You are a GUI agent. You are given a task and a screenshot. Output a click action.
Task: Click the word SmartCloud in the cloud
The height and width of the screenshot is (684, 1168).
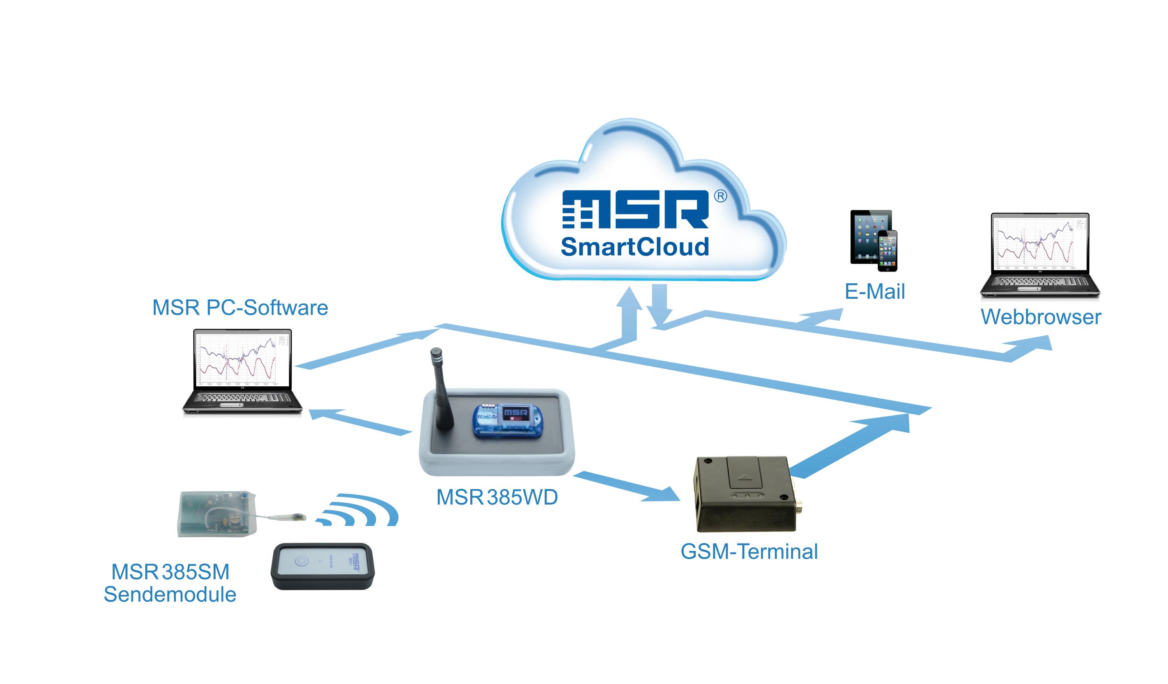[x=635, y=247]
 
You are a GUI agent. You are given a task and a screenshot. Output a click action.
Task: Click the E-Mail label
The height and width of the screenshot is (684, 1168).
[x=874, y=292]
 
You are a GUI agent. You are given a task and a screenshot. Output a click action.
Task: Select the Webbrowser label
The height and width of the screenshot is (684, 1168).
[x=1041, y=317]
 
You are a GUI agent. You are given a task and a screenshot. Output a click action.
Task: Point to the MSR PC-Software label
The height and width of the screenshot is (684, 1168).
[x=240, y=308]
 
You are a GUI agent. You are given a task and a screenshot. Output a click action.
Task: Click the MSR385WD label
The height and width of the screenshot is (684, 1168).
[x=497, y=497]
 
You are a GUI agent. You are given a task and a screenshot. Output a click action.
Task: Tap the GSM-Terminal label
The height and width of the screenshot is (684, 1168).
[x=749, y=552]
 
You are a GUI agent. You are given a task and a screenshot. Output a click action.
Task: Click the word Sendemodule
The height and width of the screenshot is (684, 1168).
[x=170, y=595]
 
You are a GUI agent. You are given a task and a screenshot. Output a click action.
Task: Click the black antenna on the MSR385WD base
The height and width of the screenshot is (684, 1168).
[x=441, y=389]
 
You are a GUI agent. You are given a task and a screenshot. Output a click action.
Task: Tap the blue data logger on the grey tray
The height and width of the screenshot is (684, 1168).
[x=508, y=420]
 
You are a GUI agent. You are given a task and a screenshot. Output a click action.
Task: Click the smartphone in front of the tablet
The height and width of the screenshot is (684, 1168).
[x=887, y=251]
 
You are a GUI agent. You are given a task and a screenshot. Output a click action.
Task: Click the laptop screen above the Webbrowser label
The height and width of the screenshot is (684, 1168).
[x=1040, y=243]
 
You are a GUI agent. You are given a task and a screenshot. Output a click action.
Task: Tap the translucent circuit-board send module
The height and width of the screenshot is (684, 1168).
[x=217, y=514]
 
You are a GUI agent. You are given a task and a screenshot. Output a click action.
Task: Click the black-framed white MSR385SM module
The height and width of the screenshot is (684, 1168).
[x=323, y=566]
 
